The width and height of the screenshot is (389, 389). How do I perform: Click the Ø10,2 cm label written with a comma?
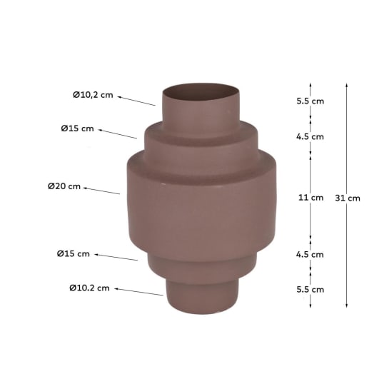click(x=93, y=95)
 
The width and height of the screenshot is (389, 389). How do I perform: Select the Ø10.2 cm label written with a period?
click(x=89, y=288)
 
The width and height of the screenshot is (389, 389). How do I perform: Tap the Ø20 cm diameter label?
click(x=64, y=186)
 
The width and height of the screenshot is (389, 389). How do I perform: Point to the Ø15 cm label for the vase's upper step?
click(x=77, y=128)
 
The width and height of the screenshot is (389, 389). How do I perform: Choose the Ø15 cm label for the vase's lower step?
click(x=74, y=253)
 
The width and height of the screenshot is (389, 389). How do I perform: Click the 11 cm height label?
click(x=311, y=198)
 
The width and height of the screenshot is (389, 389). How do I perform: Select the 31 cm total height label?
click(x=348, y=198)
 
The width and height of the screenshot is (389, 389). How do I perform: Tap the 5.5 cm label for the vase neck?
click(x=310, y=101)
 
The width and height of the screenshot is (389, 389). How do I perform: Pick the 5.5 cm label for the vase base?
click(x=310, y=289)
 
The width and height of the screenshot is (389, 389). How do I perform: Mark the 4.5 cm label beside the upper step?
click(x=310, y=136)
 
